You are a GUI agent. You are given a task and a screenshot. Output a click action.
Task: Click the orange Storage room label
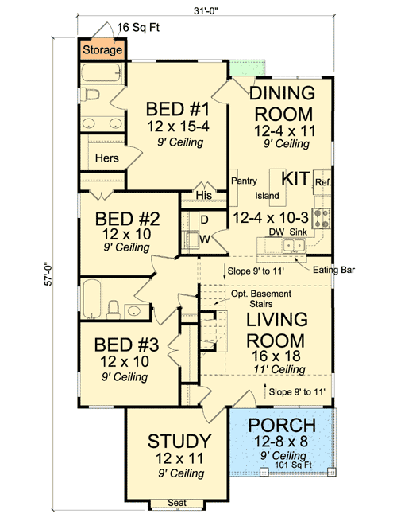point(102,50)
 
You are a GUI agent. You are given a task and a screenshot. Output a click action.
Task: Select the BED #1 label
point(172,108)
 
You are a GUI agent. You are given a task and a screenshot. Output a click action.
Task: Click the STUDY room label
point(179,440)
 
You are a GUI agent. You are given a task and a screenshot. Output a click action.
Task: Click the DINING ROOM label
point(281,103)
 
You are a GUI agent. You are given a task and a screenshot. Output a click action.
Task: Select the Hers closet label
point(106,158)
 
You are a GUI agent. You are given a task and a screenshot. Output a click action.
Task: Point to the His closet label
point(203,194)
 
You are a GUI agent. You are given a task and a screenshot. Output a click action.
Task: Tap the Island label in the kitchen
point(266,196)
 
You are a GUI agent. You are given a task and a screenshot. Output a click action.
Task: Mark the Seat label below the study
point(178,503)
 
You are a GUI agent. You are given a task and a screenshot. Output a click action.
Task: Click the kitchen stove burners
point(322,217)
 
